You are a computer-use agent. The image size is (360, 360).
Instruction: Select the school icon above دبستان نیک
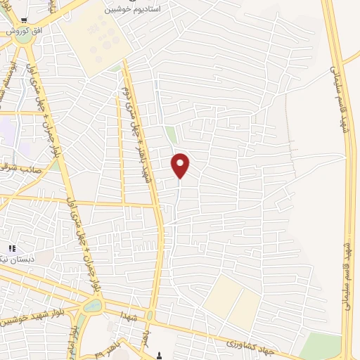[11, 248]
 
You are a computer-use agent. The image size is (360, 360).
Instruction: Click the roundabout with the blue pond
[92, 306]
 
